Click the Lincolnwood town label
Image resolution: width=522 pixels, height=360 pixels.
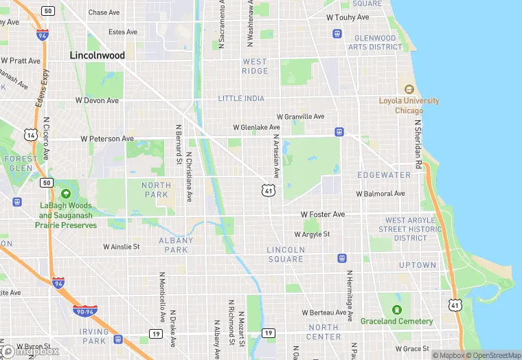(97, 55)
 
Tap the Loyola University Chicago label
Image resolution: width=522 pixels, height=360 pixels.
(409, 106)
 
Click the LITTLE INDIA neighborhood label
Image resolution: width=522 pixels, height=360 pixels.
(241, 99)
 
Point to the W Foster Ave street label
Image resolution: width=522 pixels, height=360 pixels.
(323, 215)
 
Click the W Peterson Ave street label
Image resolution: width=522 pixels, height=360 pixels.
(107, 139)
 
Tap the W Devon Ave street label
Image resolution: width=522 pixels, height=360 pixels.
(97, 100)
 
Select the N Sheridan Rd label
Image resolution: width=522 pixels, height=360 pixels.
(417, 145)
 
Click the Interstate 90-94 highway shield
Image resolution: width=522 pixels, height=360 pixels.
(85, 311)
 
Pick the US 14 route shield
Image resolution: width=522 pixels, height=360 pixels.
(30, 135)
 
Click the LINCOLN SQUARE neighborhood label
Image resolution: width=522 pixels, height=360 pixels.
(286, 254)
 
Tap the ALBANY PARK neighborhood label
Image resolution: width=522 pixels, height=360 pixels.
(172, 245)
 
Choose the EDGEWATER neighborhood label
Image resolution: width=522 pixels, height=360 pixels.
(384, 175)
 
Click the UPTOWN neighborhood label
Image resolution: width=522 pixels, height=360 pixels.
(418, 265)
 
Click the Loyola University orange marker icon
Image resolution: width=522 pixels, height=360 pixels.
(409, 90)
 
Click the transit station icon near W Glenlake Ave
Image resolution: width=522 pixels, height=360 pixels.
(339, 132)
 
